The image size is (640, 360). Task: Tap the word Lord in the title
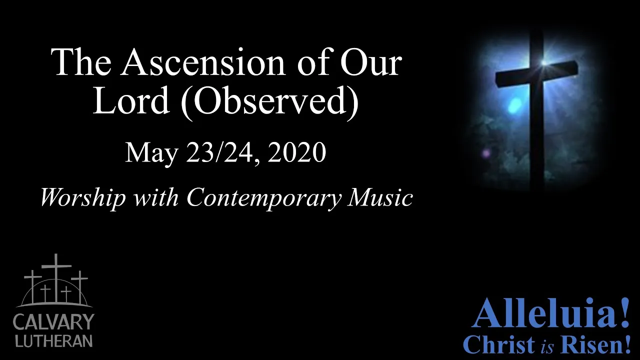pyautogui.click(x=130, y=100)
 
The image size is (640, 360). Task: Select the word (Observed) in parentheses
pyautogui.click(x=269, y=103)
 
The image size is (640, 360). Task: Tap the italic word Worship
pyautogui.click(x=83, y=198)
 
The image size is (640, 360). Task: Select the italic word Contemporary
pyautogui.click(x=264, y=198)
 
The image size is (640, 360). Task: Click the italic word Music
pyautogui.click(x=380, y=197)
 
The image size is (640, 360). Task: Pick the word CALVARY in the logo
pyautogui.click(x=53, y=321)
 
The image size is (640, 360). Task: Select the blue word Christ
pyautogui.click(x=499, y=344)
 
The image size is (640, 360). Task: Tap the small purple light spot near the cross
pyautogui.click(x=486, y=153)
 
